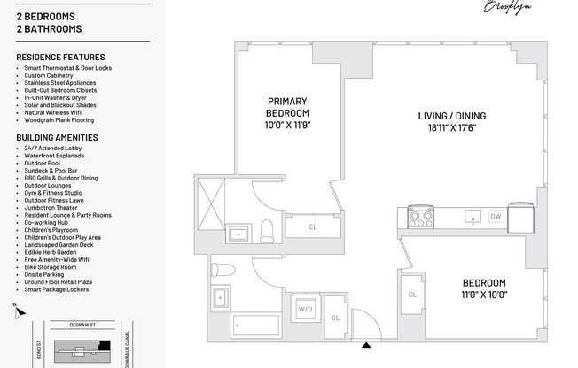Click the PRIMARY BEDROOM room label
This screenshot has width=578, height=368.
pyautogui.click(x=287, y=108)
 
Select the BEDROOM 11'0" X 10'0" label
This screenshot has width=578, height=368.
pyautogui.click(x=483, y=288)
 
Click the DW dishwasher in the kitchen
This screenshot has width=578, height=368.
pyautogui.click(x=496, y=215)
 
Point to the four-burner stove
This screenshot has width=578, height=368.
pyautogui.click(x=419, y=215)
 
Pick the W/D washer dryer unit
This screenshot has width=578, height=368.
pyautogui.click(x=305, y=310)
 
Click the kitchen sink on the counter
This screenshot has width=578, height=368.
pyautogui.click(x=473, y=215)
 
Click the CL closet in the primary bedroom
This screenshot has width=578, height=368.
pyautogui.click(x=312, y=227)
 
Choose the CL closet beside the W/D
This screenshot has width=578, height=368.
pyautogui.click(x=334, y=318)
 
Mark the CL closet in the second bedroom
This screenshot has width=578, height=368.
pyautogui.click(x=413, y=295)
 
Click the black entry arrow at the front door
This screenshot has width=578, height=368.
pyautogui.click(x=365, y=345)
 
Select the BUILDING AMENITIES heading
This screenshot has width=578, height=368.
pyautogui.click(x=57, y=138)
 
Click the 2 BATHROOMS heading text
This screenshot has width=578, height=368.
pyautogui.click(x=49, y=29)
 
